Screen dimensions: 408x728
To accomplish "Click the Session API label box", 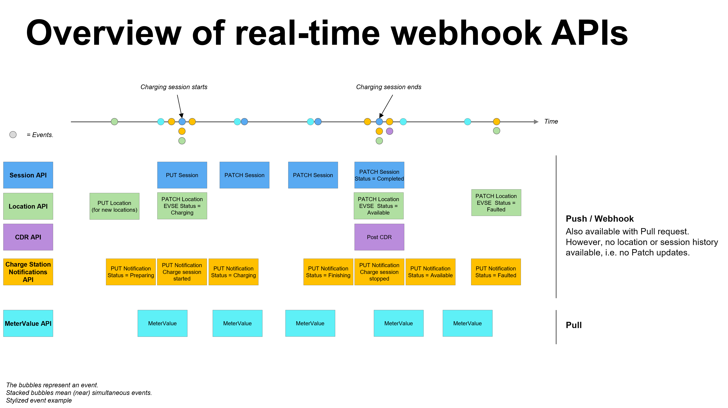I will coord(28,175).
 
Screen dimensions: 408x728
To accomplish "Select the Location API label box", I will coord(28,206).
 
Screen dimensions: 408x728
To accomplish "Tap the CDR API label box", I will coord(28,237).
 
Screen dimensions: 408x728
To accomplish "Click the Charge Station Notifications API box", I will coord(28,272).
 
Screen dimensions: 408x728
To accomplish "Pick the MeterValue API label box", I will coord(28,323).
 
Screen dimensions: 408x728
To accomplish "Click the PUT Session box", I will coord(182,175).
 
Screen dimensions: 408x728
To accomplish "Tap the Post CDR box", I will coord(379,237).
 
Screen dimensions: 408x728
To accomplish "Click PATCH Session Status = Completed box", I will coord(379,175).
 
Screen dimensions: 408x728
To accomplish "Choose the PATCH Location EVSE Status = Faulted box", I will coord(496,203).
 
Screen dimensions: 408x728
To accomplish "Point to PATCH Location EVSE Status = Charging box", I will coord(182,206).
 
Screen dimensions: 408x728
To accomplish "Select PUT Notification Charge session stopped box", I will coord(379,272).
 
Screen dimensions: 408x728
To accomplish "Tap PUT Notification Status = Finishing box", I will coord(328,272).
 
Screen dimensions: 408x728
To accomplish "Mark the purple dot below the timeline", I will coord(389,131).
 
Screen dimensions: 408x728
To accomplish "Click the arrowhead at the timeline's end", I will coord(536,122).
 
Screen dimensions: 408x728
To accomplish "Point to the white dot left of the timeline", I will coord(13,135).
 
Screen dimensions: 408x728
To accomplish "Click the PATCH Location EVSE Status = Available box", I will coord(378,206).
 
